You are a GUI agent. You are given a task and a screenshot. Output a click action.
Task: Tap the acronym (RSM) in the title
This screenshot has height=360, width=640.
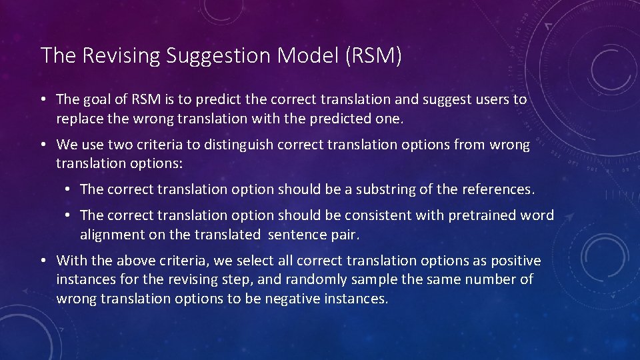point(374,56)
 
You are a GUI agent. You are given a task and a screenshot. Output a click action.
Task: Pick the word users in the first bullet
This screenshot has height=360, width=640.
point(489,99)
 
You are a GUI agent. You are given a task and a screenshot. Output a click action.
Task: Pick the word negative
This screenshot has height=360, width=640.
point(294,298)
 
